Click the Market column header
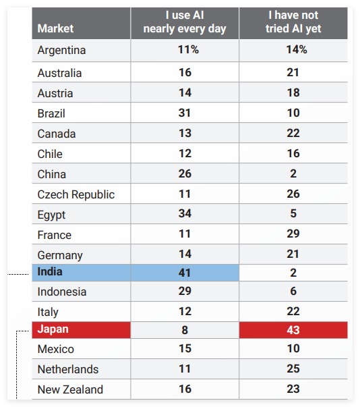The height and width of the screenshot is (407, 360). [55, 28]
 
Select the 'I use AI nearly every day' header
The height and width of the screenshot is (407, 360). [185, 22]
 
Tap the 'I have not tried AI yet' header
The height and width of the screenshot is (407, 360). [293, 22]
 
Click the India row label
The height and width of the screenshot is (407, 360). [50, 272]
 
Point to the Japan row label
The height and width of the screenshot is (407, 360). [53, 329]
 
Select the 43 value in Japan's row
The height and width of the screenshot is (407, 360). [293, 330]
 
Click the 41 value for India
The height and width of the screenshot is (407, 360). [185, 273]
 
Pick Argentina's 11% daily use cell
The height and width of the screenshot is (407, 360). [188, 49]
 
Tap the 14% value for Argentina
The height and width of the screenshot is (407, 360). [297, 49]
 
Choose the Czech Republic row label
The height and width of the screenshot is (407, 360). [76, 194]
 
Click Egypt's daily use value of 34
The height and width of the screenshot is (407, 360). [185, 213]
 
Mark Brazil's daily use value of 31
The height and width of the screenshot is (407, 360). [185, 113]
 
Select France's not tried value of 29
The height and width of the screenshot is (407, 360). [293, 234]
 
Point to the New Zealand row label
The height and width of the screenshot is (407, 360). [70, 389]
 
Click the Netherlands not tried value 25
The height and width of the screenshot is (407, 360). [293, 369]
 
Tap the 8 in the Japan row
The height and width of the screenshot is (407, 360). [185, 330]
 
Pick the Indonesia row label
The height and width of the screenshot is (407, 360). [61, 292]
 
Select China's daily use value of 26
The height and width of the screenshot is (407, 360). [185, 173]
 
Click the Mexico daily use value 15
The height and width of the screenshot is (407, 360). [185, 348]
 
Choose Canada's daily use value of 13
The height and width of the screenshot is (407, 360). [185, 133]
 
